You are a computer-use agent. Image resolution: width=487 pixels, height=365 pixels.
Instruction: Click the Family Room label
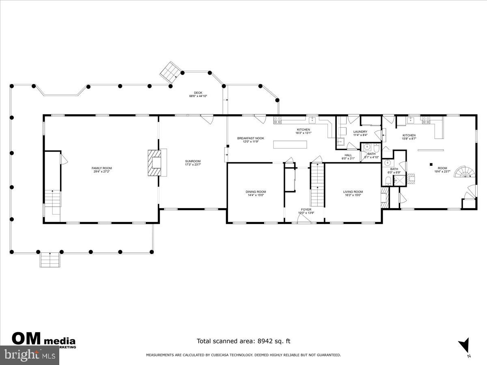pos(101,168)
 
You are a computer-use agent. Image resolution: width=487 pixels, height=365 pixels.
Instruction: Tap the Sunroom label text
pos(193,161)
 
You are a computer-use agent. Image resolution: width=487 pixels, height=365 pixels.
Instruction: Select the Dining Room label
pos(256,192)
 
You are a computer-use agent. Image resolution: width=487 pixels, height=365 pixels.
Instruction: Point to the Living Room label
pos(353,192)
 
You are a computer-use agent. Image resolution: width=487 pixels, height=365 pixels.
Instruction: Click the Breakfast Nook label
pos(250,138)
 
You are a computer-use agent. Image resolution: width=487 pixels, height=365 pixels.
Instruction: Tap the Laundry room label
pos(360,132)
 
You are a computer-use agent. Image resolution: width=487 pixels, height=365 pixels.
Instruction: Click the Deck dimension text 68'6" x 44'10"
pos(198,96)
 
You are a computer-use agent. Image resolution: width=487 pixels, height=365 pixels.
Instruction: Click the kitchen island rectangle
pos(290,145)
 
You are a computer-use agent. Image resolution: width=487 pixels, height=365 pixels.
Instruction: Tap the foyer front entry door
pos(304,219)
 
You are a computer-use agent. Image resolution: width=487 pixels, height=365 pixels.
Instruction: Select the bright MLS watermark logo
pos(29,355)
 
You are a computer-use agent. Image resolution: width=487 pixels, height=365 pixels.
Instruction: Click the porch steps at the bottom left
pos(50,260)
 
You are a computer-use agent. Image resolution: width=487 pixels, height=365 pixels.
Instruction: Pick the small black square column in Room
pos(431,165)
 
